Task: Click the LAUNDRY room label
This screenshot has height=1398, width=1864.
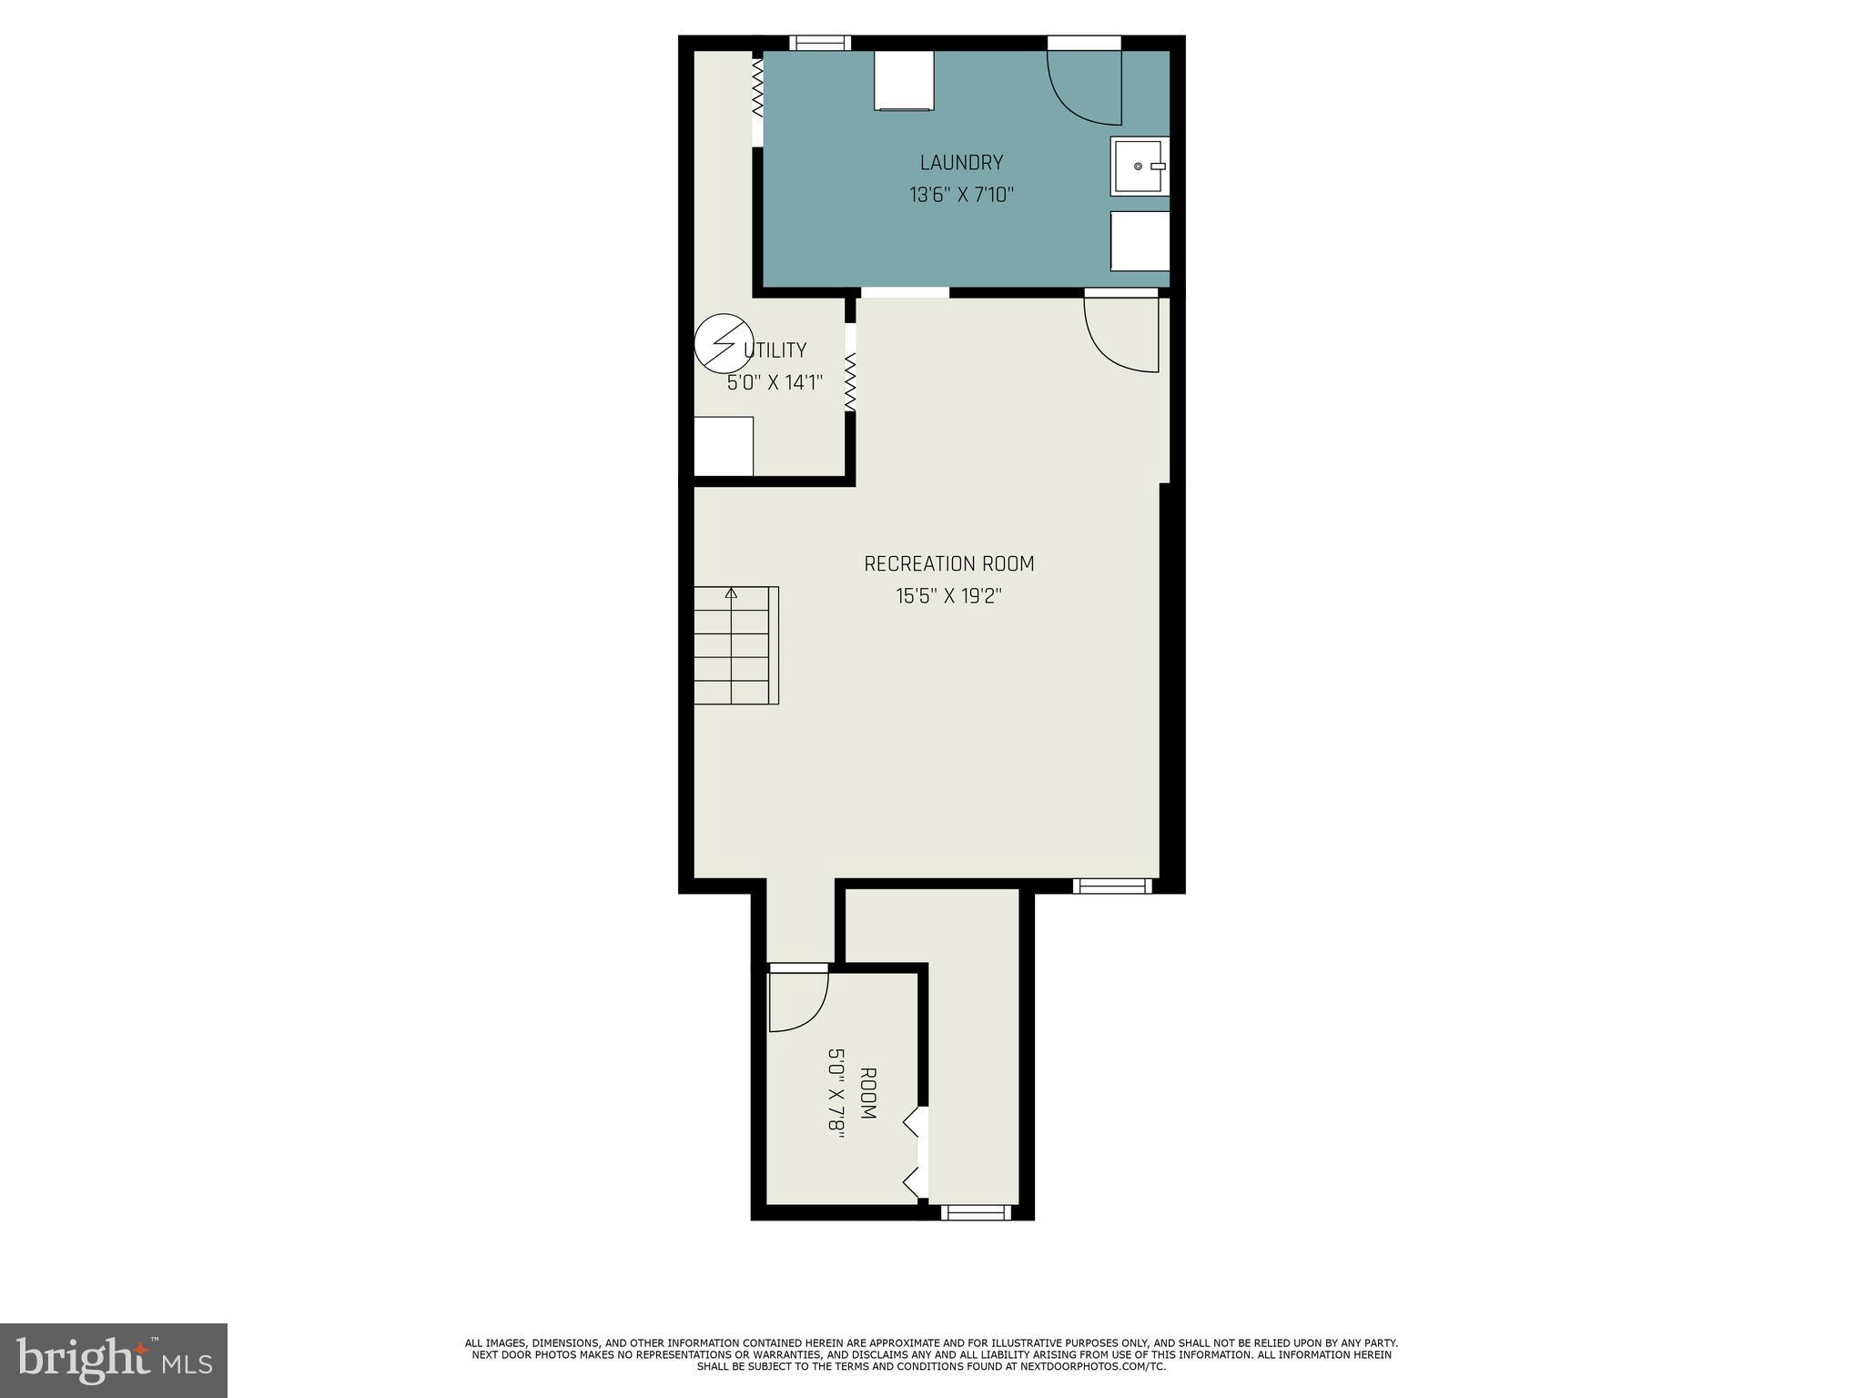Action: pyautogui.click(x=961, y=163)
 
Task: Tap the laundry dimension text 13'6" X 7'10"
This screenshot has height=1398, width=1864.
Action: pyautogui.click(x=961, y=195)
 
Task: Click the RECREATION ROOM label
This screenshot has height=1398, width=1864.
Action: pyautogui.click(x=948, y=564)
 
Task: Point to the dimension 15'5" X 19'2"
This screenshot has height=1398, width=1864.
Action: pyautogui.click(x=948, y=597)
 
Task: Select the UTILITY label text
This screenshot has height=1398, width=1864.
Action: pyautogui.click(x=775, y=350)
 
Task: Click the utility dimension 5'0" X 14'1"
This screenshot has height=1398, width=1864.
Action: pyautogui.click(x=775, y=383)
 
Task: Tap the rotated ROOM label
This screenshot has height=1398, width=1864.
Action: pyautogui.click(x=867, y=1094)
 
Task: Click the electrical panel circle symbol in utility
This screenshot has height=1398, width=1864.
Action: pyautogui.click(x=724, y=344)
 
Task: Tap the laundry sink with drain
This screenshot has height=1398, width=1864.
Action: pyautogui.click(x=1139, y=167)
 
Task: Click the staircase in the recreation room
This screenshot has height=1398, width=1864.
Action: pyautogui.click(x=736, y=645)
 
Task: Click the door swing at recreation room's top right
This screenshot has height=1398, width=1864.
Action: pyautogui.click(x=1121, y=335)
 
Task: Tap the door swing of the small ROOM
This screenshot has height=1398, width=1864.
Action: pyautogui.click(x=798, y=1002)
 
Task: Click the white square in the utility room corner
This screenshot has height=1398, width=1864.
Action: pyautogui.click(x=724, y=446)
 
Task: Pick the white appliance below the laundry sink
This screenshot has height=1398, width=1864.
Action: pyautogui.click(x=1140, y=241)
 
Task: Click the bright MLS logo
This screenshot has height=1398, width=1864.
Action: pyautogui.click(x=113, y=1360)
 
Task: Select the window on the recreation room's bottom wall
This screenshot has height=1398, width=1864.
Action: pyautogui.click(x=1112, y=886)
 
